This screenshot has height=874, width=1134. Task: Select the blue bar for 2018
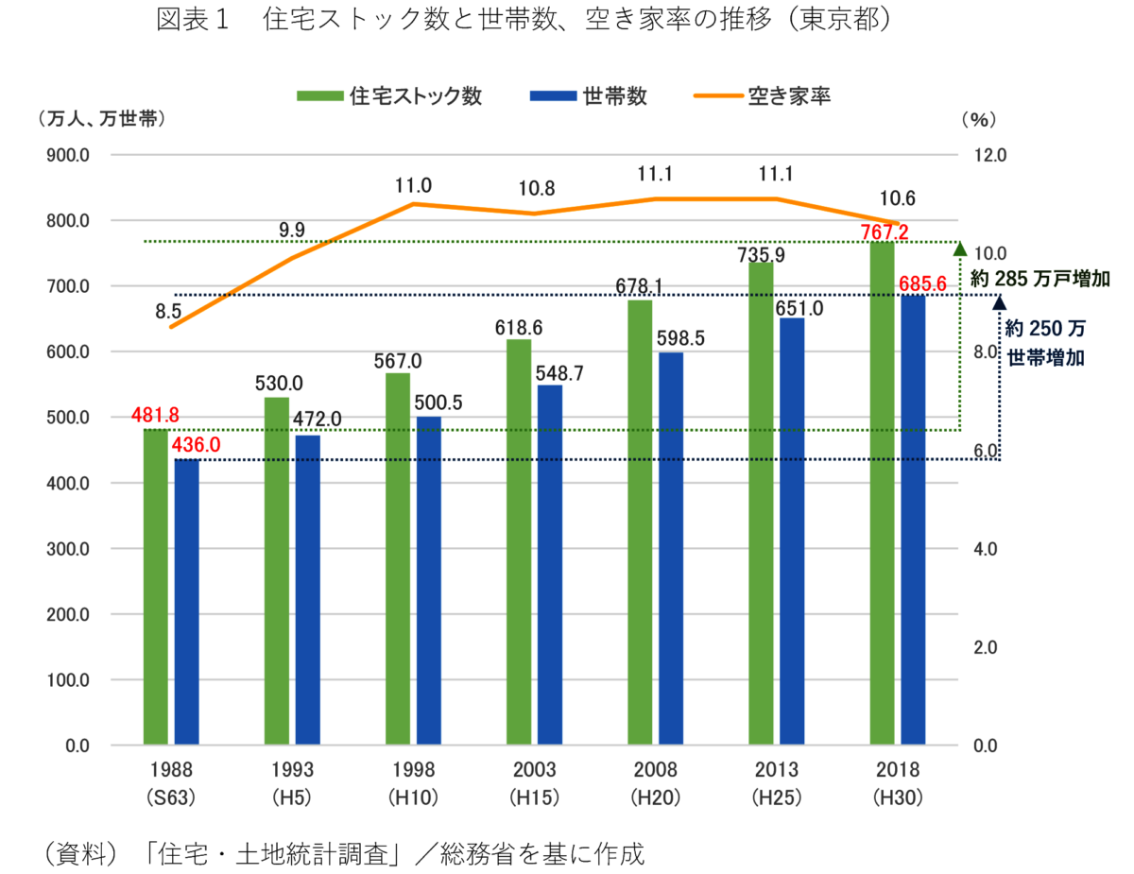point(913,520)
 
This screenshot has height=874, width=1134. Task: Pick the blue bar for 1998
point(429,580)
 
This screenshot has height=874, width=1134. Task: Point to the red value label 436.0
point(196,444)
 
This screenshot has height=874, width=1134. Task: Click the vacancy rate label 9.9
point(292,229)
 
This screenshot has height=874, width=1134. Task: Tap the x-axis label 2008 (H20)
point(656,783)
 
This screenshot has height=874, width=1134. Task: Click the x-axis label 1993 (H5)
point(292,783)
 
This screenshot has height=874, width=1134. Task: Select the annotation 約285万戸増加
point(1039,279)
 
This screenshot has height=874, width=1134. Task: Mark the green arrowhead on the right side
point(959,249)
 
